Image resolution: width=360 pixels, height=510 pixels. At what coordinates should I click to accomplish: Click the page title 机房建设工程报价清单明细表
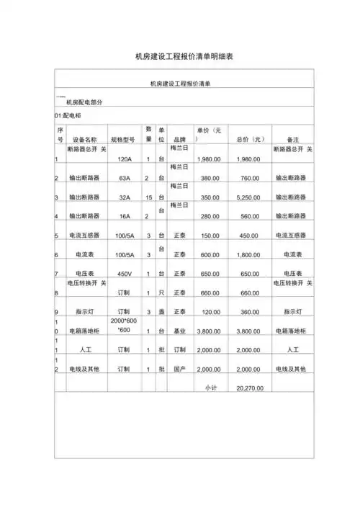[x=179, y=55]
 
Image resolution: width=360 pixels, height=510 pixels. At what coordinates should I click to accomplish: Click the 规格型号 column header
[x=122, y=140]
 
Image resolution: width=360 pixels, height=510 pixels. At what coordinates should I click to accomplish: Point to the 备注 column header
[x=292, y=140]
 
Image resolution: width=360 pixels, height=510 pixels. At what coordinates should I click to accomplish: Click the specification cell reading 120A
[x=124, y=159]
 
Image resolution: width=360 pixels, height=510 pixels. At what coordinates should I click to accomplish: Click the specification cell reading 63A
[x=124, y=178]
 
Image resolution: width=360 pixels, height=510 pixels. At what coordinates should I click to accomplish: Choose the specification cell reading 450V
[x=124, y=274]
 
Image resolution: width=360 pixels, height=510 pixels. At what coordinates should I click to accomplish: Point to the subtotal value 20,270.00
[x=249, y=388]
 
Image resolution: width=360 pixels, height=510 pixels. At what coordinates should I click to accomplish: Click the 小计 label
[x=211, y=388]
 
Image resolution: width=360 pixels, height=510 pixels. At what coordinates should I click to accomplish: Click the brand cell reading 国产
[x=180, y=369]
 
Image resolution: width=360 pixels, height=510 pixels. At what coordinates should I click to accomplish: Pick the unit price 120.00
[x=210, y=312]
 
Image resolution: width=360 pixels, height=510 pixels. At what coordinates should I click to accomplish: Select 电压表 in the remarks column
[x=292, y=274]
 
